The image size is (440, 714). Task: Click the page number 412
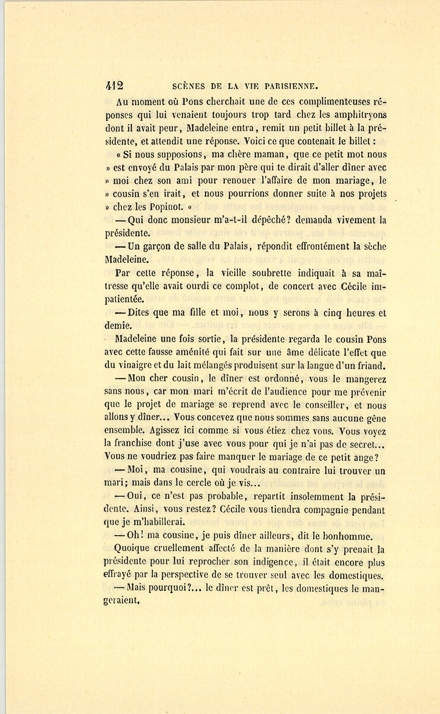click(114, 86)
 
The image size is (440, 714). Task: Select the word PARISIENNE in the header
click(291, 87)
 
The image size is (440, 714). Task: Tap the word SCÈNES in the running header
click(189, 87)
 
